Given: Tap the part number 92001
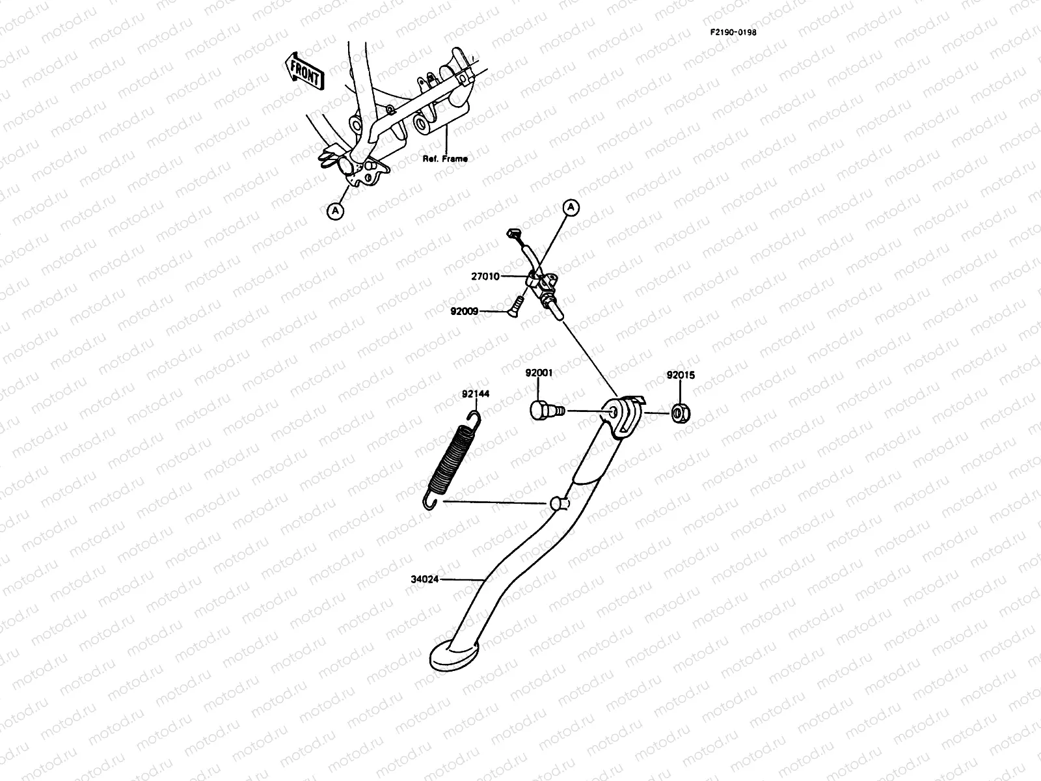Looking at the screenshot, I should click(539, 373).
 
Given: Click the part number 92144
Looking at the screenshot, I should click(476, 394).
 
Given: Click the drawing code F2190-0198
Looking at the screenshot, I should click(733, 32).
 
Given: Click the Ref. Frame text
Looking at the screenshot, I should click(445, 158).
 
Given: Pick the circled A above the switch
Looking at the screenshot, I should click(571, 208).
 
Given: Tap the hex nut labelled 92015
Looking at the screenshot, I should click(681, 413).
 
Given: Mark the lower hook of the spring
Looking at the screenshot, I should click(430, 502).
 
